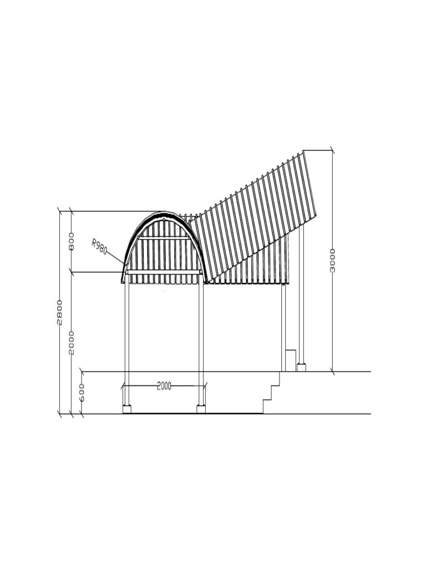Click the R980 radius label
click(x=100, y=246)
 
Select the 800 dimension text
click(x=72, y=241)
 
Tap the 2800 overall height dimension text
click(x=60, y=312)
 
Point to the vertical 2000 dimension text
click(x=72, y=342)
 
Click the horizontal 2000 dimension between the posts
click(x=164, y=386)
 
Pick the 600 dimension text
click(x=82, y=392)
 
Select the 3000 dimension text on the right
click(x=332, y=260)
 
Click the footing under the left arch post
click(x=126, y=409)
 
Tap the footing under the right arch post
click(x=201, y=409)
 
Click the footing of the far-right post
click(x=301, y=367)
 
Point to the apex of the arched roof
click(x=165, y=212)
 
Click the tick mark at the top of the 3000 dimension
click(x=332, y=150)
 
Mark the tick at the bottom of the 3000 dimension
click(x=332, y=371)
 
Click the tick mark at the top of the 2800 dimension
click(x=60, y=211)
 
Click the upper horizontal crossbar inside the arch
click(x=164, y=238)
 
